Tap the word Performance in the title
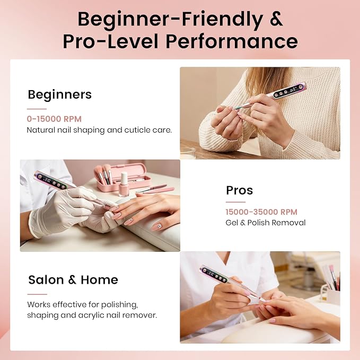pos(232,41)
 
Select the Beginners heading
pos(60,94)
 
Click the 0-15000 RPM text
pos(54,119)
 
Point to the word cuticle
pos(134,130)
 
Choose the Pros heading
pos(240,190)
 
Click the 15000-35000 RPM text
pos(261,212)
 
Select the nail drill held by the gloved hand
pos(69,188)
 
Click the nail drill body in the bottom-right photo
pos(230,281)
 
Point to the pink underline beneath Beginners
pos(37,109)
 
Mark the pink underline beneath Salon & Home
pos(37,294)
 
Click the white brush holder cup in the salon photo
pos(332,296)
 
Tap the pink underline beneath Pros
pos(235,202)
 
